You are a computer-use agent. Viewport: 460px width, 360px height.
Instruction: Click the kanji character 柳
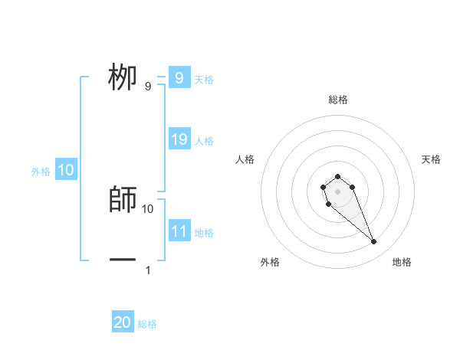point(123,77)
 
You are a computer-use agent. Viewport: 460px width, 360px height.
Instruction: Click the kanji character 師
point(123,199)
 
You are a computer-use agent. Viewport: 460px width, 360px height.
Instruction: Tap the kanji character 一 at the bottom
point(123,260)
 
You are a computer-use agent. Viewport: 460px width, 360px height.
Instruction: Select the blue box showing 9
point(179,78)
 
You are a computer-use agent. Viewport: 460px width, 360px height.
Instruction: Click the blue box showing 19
point(179,139)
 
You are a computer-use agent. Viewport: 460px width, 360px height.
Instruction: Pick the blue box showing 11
point(179,231)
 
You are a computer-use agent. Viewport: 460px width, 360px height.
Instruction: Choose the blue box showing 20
point(123,322)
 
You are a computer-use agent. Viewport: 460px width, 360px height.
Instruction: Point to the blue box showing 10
point(66,171)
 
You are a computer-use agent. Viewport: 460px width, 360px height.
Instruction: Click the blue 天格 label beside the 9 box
point(204,79)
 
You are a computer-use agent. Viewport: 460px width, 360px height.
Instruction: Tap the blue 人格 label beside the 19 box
point(204,141)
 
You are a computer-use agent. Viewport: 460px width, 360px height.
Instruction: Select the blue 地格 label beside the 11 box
point(204,232)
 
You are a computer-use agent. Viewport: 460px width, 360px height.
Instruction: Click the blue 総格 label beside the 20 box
point(147,324)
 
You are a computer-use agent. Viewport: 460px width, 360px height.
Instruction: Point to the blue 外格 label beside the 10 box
point(41,172)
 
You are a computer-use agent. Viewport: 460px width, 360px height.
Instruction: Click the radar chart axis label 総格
point(338,100)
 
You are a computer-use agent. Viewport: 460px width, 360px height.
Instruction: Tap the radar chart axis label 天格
point(431,159)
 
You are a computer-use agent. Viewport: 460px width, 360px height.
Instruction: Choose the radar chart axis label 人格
point(245,159)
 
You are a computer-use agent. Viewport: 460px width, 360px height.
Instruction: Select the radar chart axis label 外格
point(270,262)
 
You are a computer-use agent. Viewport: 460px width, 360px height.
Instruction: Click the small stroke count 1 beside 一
point(148,270)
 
